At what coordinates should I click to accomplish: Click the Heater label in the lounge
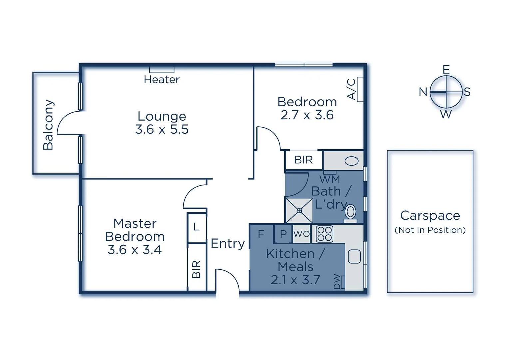(162, 80)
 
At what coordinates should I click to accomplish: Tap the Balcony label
(48, 125)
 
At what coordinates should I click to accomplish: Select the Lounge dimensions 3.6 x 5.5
(162, 129)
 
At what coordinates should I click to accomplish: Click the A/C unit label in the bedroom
(351, 89)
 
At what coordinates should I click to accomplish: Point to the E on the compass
(446, 70)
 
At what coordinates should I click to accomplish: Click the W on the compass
(446, 114)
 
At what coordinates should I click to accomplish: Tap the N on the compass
(423, 92)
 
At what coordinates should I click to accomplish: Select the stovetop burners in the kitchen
(325, 234)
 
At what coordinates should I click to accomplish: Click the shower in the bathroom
(299, 211)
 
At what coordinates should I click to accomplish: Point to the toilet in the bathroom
(350, 214)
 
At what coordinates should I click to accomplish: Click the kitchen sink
(354, 257)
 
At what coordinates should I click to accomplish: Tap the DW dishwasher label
(337, 281)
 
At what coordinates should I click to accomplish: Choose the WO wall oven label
(301, 234)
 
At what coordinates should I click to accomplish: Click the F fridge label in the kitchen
(261, 234)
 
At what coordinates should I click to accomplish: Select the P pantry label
(283, 234)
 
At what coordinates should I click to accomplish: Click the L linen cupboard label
(196, 227)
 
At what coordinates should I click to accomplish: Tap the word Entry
(228, 244)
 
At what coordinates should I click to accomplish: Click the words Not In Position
(430, 230)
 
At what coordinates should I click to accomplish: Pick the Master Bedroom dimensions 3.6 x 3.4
(135, 249)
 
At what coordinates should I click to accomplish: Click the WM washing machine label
(330, 179)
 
